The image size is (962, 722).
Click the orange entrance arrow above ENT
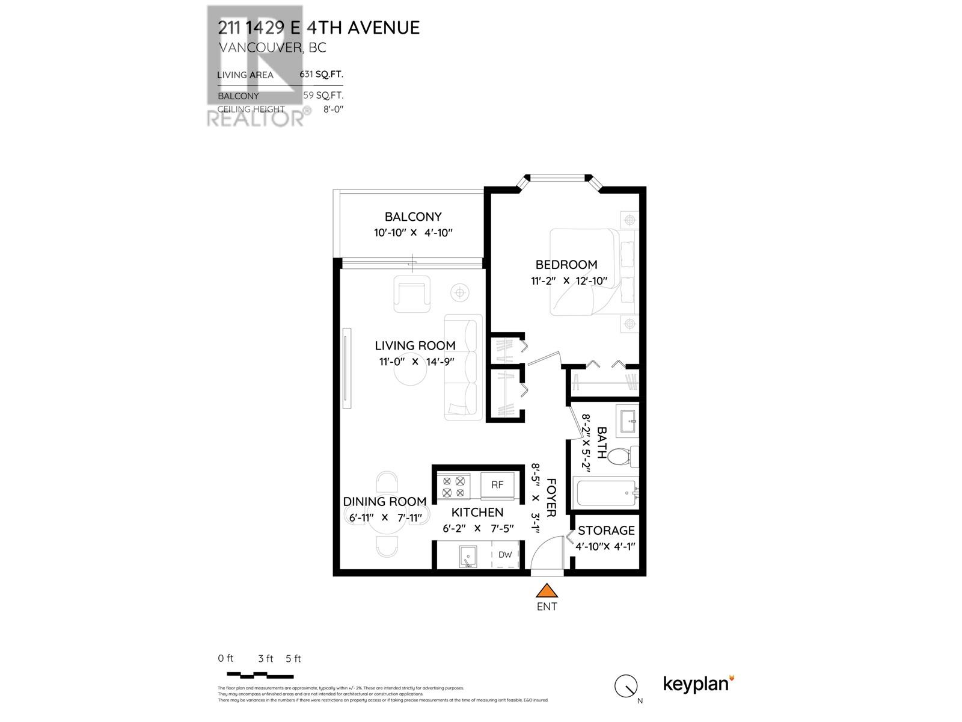pos(547,590)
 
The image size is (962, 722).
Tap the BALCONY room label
pos(413,217)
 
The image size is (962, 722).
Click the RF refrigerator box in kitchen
pos(497,484)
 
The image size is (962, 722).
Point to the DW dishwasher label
pos(505,555)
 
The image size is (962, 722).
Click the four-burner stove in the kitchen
pos(454,487)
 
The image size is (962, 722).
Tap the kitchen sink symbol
pos(468,557)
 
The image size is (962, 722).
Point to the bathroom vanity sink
pos(627,419)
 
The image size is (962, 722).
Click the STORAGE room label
pos(606,531)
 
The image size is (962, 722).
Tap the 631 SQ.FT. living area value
pos(322,75)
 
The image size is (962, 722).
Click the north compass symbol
pos(627,686)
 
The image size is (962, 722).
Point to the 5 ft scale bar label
pos(293,658)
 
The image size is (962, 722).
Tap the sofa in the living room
pos(464,366)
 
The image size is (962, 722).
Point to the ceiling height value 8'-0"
pos(332,110)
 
